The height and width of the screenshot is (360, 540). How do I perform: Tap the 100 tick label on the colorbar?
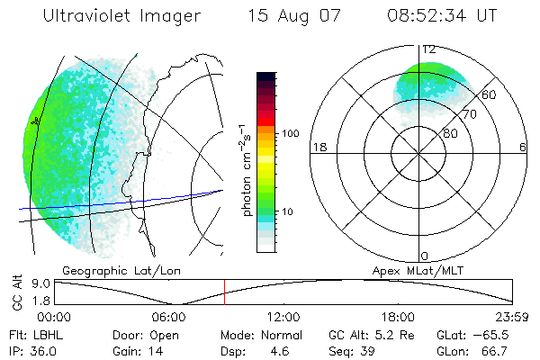[x=289, y=133]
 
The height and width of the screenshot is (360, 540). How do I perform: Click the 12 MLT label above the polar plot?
[x=429, y=49]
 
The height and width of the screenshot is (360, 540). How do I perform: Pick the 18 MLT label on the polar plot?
[x=318, y=147]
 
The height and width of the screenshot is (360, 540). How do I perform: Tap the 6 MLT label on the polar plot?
[x=523, y=147]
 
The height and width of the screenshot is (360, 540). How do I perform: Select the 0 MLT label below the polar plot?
[x=425, y=256]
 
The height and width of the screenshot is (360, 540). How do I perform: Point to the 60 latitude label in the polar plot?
[x=490, y=94]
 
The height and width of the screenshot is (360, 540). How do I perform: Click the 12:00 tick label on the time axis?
[x=283, y=317]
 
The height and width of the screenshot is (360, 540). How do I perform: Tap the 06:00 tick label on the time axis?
[x=168, y=317]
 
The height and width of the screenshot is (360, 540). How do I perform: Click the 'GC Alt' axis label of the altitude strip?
[x=15, y=293]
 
